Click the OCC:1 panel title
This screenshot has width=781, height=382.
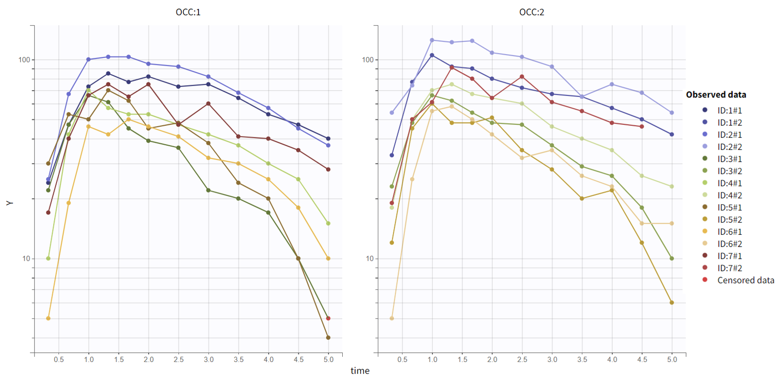pos(188,12)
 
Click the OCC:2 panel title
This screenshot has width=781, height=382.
pos(531,12)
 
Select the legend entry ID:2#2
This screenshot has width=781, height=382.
pos(729,147)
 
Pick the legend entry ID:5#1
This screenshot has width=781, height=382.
pos(729,208)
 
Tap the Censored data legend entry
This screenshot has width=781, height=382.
pos(745,280)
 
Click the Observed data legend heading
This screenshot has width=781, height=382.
pos(716,95)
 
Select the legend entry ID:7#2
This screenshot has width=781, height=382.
pos(729,268)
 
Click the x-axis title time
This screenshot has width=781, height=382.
pos(360,371)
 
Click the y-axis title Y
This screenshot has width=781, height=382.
pos(9,203)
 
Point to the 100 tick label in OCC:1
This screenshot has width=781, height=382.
pos(24,59)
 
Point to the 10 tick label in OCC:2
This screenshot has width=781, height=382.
pos(370,259)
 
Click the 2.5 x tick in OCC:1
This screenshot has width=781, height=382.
pos(178,360)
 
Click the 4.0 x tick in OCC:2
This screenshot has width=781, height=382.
pos(612,360)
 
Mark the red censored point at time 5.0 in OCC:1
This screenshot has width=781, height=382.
pos(328,318)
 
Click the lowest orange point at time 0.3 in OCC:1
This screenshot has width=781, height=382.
pos(48,318)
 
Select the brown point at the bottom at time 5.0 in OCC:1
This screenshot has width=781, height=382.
pos(328,338)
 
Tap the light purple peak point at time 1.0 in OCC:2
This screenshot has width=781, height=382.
pos(432,40)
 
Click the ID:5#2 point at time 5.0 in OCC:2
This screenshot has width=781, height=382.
pos(672,303)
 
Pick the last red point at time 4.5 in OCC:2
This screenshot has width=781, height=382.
pos(642,127)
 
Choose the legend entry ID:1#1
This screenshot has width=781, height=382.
pos(729,111)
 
